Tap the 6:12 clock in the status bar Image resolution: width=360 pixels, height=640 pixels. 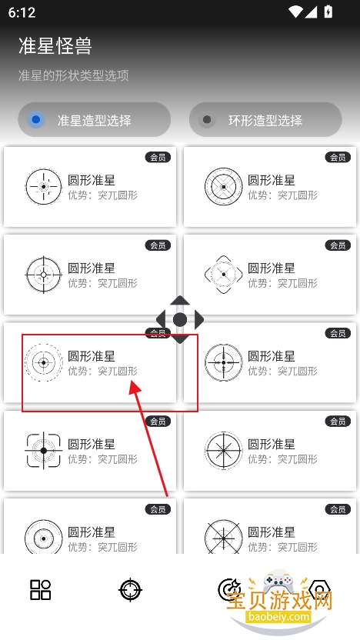coord(22,12)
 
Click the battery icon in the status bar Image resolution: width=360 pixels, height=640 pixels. coord(328,12)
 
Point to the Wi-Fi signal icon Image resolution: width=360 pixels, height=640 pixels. coord(295,12)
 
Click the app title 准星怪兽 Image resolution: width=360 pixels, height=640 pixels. coord(55,45)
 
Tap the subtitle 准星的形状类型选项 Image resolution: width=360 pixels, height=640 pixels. coord(74,75)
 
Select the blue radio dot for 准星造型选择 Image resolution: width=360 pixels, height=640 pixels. coord(36,119)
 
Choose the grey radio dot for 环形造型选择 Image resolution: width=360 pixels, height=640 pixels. coord(207,119)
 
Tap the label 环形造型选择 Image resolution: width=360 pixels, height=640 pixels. coord(265,121)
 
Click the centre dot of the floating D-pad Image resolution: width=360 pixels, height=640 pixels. coord(180,319)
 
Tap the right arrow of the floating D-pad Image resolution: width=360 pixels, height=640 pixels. coord(198,319)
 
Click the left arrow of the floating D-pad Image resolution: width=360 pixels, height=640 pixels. coord(161,319)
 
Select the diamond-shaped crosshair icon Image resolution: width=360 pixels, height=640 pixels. coord(224,275)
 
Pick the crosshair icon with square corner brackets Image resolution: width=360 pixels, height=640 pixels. coord(44,451)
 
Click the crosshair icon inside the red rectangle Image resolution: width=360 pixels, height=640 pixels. coord(44,362)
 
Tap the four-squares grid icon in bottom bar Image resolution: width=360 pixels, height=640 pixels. coord(41,590)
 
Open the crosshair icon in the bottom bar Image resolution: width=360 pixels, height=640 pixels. coord(130,590)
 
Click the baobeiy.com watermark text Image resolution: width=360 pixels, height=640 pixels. coord(278,616)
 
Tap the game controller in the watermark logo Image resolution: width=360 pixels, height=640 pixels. coord(278,583)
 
